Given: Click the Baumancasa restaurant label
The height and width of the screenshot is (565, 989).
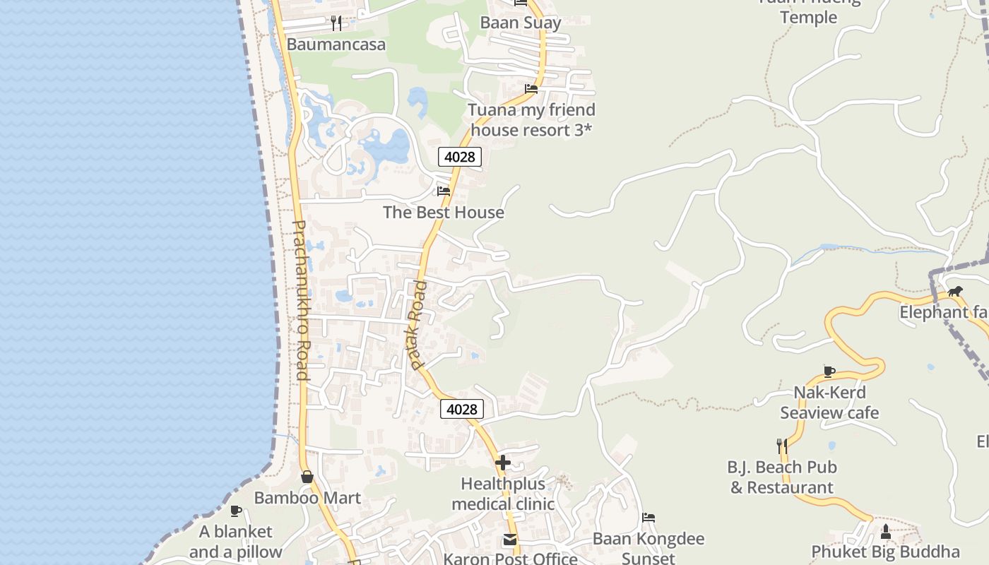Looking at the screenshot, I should click(x=336, y=44).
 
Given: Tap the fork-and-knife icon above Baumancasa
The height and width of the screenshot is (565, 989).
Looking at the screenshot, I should click(x=336, y=23).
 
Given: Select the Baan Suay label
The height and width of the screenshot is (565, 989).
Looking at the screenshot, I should click(x=521, y=23).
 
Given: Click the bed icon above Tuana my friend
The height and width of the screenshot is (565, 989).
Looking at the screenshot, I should click(x=531, y=89).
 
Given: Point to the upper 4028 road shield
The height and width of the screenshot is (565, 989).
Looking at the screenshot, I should click(x=460, y=157).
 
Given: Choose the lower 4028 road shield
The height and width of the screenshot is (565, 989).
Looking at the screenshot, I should click(x=462, y=409).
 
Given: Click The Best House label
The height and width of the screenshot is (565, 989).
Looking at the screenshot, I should click(x=444, y=212).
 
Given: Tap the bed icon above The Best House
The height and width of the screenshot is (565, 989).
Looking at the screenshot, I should click(x=444, y=191).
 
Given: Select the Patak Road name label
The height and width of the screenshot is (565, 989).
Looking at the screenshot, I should click(x=418, y=325).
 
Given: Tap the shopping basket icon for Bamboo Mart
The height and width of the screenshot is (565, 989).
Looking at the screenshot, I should click(x=307, y=477).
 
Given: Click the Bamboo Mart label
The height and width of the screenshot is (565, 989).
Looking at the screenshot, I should click(x=307, y=498).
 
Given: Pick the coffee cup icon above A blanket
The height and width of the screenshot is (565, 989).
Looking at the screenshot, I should click(x=236, y=511).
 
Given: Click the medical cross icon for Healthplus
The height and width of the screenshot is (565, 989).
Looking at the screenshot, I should click(x=503, y=463).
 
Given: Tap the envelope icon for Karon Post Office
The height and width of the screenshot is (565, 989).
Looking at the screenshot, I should click(x=510, y=540).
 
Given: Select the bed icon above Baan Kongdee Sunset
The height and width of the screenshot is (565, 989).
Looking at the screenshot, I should click(x=649, y=518).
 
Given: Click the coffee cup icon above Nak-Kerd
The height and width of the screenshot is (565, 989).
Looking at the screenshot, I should click(x=829, y=371).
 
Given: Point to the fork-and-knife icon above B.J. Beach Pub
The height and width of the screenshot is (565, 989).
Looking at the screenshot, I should click(x=782, y=446).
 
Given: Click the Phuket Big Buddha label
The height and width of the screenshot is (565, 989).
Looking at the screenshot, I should click(x=885, y=552).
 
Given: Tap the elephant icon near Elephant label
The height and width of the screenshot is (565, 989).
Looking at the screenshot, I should click(x=955, y=291).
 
